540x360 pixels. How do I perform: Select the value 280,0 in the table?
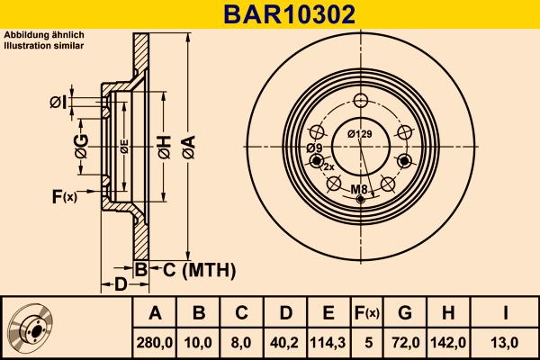click(x=155, y=342)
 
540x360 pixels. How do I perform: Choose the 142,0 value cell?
click(x=447, y=342)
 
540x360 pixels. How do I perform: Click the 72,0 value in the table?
click(x=404, y=342)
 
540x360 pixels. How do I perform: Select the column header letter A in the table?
click(x=155, y=313)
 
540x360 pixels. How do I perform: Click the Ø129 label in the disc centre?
click(x=360, y=135)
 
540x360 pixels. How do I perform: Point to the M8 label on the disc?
click(x=359, y=189)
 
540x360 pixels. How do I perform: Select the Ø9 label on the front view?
click(x=314, y=148)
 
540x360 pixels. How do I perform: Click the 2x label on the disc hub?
click(x=328, y=167)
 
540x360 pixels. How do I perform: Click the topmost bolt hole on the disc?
click(x=361, y=101)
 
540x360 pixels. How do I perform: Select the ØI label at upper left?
click(x=58, y=103)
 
